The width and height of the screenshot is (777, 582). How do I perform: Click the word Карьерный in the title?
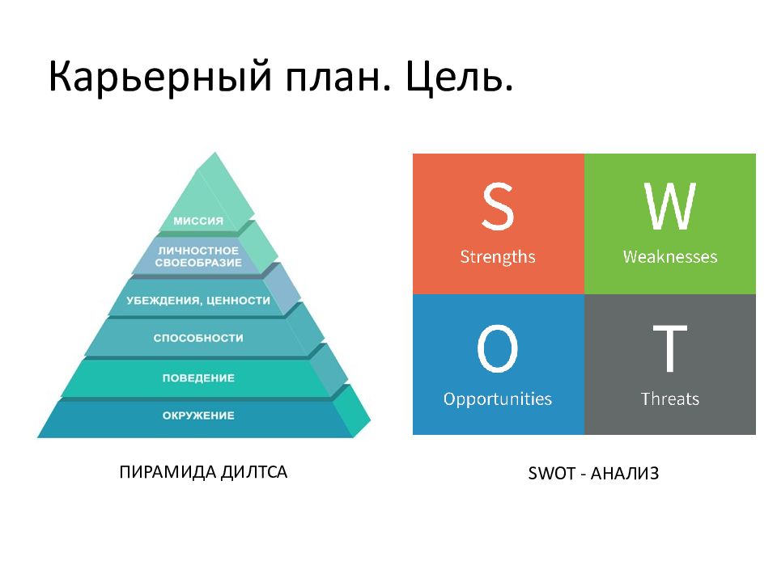pos(160,78)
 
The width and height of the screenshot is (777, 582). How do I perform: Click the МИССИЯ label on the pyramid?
pos(198,221)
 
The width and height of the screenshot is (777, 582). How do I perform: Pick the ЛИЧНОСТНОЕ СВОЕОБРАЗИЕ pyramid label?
pos(198,256)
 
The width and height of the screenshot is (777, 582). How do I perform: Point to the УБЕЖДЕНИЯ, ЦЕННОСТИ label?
pos(198,300)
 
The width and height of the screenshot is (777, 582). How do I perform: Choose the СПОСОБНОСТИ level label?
pos(198,338)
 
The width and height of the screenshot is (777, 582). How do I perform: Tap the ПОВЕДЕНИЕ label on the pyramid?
pos(198,378)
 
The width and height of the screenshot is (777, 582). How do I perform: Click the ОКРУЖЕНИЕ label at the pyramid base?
pos(198,415)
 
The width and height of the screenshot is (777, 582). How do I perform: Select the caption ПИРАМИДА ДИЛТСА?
pos(203,472)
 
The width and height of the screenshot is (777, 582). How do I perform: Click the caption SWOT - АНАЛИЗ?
pos(593,473)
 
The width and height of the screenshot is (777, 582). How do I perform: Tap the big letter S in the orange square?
pos(498,206)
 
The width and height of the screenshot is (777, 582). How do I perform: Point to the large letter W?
pos(670,206)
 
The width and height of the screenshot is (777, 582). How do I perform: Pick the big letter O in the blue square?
pos(498,348)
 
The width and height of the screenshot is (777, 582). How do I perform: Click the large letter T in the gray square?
pos(670,348)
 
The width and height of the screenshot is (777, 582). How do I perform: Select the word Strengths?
pos(498,257)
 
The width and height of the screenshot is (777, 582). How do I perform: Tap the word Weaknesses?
pos(670,256)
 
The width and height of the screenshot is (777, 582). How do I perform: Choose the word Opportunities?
pos(498,399)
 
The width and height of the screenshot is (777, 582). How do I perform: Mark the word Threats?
pos(670,399)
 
